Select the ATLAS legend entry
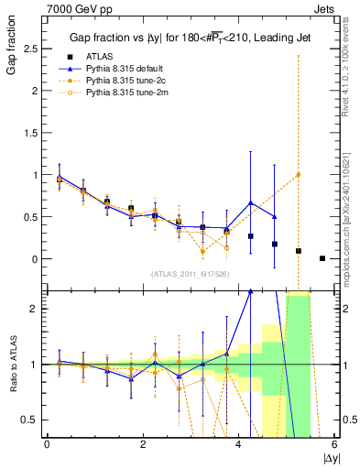click(98, 57)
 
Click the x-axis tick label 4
click(238, 445)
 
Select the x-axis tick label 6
click(333, 445)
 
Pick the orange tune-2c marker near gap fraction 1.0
click(298, 174)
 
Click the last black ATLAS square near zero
click(322, 258)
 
